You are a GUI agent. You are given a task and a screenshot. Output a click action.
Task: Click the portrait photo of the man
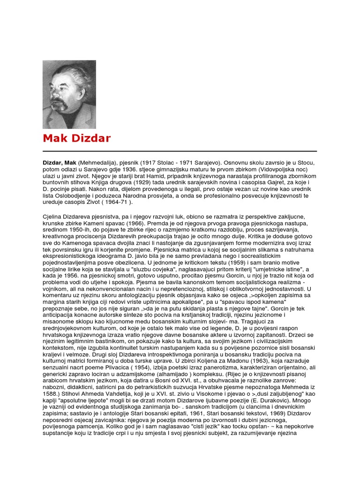point(69,94)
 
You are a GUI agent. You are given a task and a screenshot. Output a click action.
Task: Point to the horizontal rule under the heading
point(180,151)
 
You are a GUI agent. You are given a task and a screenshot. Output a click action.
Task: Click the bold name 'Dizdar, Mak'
point(60,162)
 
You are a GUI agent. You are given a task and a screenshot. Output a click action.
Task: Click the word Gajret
point(285,182)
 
